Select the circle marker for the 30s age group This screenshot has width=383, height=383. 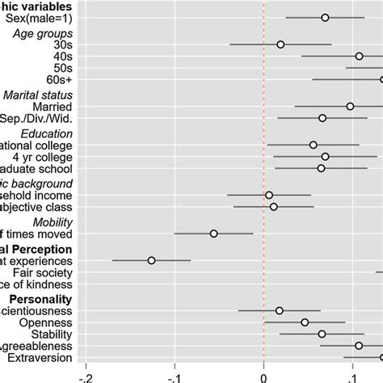click(x=280, y=44)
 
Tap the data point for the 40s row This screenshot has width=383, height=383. click(x=359, y=56)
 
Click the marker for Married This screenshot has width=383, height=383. click(x=350, y=106)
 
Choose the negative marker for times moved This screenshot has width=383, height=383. click(x=213, y=234)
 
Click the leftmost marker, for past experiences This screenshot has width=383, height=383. click(x=151, y=260)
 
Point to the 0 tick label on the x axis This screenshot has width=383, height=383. click(x=263, y=375)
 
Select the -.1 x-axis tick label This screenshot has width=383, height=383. click(x=174, y=375)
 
